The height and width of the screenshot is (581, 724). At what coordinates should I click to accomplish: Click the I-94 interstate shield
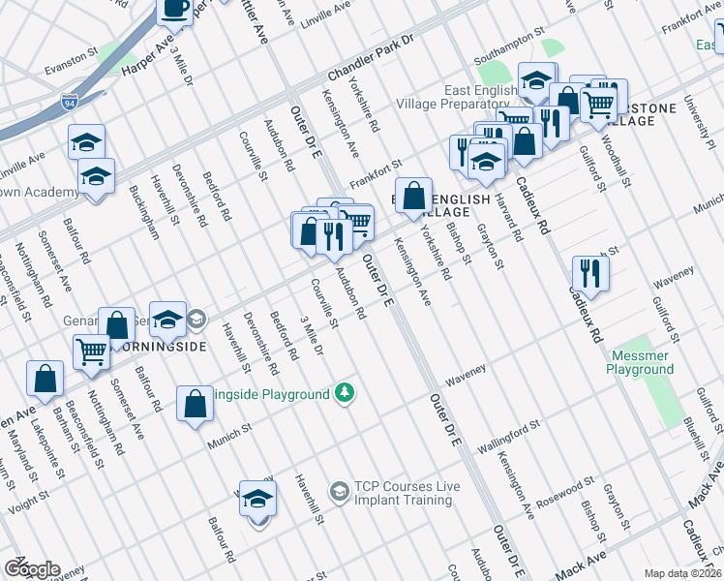coord(69,101)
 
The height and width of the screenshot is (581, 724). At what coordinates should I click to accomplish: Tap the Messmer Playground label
coord(640,362)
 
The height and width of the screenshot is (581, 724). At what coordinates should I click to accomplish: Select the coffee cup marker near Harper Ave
coord(175,10)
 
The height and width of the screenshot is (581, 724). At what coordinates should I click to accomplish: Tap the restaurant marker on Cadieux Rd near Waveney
coord(589,274)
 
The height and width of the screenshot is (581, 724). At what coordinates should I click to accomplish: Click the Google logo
coord(31,569)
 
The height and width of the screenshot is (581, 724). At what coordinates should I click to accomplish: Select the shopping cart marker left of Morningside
coord(92,352)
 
